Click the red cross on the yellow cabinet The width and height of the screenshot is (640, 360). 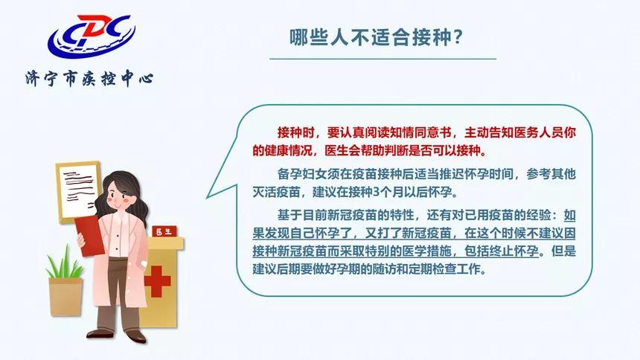pos(157,282)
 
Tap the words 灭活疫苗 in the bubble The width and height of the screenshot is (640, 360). pos(278,192)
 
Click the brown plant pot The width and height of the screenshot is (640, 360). pos(65,297)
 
